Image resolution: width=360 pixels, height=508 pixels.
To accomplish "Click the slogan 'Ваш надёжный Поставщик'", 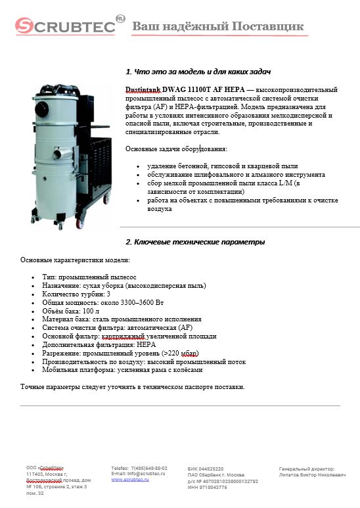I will (x=218, y=26).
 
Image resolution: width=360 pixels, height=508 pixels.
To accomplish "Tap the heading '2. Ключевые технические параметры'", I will (x=195, y=242).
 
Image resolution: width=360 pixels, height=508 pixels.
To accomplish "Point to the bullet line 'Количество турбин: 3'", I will (x=76, y=294).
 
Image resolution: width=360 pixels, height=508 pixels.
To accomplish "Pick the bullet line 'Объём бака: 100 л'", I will (x=71, y=311).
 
